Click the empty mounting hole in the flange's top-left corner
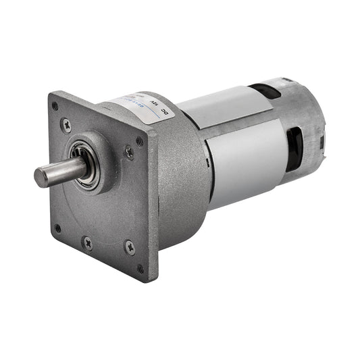click(55, 106)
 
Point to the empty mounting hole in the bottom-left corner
click(57, 228)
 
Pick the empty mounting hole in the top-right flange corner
click(140, 141)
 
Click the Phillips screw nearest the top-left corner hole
click(66, 124)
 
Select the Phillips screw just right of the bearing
click(129, 153)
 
